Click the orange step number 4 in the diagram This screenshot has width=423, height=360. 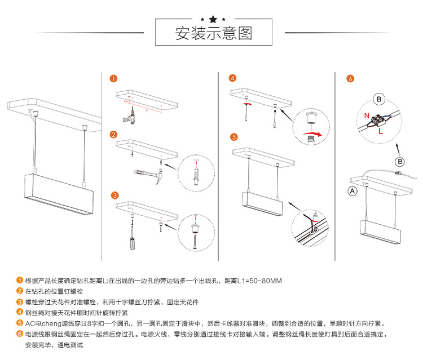(x=232, y=78)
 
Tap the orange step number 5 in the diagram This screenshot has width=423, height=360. (x=233, y=136)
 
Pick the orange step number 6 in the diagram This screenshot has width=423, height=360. (x=350, y=79)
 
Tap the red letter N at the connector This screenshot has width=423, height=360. (x=367, y=116)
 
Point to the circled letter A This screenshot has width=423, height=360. (x=353, y=191)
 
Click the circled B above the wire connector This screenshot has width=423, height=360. (x=380, y=100)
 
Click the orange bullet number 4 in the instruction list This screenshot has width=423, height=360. (x=20, y=313)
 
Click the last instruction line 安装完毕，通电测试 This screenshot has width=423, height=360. (x=54, y=344)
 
